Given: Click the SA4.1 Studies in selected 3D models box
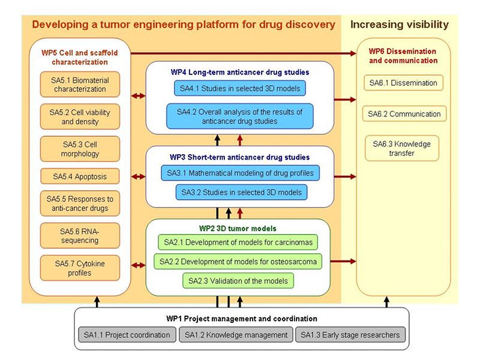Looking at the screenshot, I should [x=239, y=89].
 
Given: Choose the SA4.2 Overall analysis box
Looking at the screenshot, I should [x=240, y=116].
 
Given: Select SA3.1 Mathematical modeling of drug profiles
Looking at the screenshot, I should [x=240, y=173].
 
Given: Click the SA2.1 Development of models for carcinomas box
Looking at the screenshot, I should [x=238, y=242].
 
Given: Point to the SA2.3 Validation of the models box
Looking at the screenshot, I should [x=238, y=280].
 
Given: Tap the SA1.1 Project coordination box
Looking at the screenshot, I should [x=125, y=335].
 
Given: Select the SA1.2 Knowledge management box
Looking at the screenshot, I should [x=236, y=335].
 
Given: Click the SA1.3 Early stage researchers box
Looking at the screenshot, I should [x=350, y=335].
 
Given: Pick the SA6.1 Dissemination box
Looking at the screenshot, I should [x=404, y=83].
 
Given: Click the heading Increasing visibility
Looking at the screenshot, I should [x=399, y=25].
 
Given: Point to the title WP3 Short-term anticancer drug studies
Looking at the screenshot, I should [x=239, y=157].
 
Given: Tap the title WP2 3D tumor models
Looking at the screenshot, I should [x=238, y=229].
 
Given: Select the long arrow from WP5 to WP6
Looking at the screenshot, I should [x=240, y=53].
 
